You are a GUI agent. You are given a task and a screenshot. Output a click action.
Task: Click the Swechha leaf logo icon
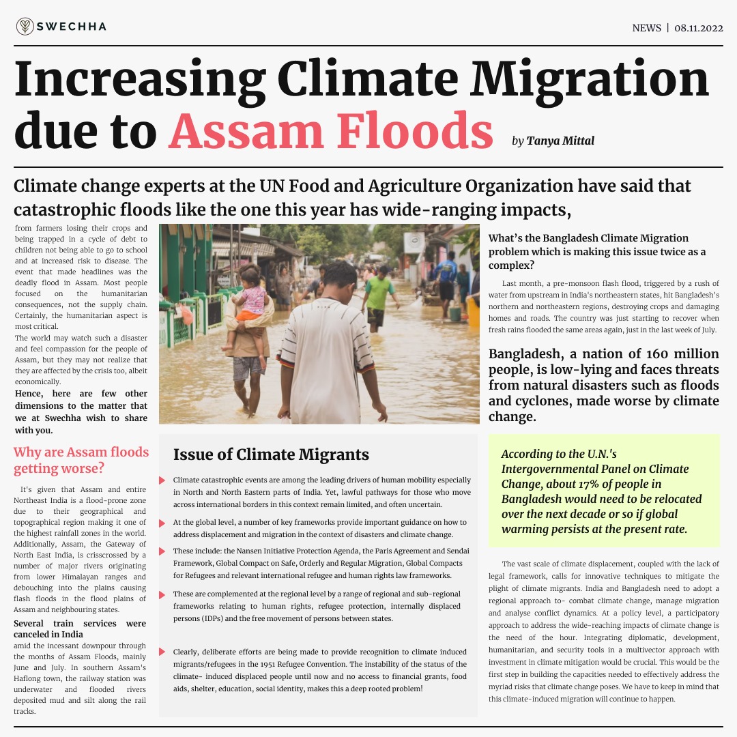(25, 27)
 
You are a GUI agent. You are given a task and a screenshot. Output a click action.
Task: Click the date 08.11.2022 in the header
(698, 28)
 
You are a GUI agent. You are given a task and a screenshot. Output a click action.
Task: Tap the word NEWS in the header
(646, 28)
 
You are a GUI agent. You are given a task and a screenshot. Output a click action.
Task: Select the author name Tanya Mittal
(560, 141)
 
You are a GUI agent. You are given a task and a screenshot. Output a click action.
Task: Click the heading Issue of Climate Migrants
(271, 454)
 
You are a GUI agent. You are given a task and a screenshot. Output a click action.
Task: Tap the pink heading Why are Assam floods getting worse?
(81, 460)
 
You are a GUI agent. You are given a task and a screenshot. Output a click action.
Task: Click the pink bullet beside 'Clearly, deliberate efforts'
(162, 652)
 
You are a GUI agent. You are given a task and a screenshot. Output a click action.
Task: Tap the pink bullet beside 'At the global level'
(162, 523)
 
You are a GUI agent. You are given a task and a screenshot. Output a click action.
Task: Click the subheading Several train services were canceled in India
(80, 628)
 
